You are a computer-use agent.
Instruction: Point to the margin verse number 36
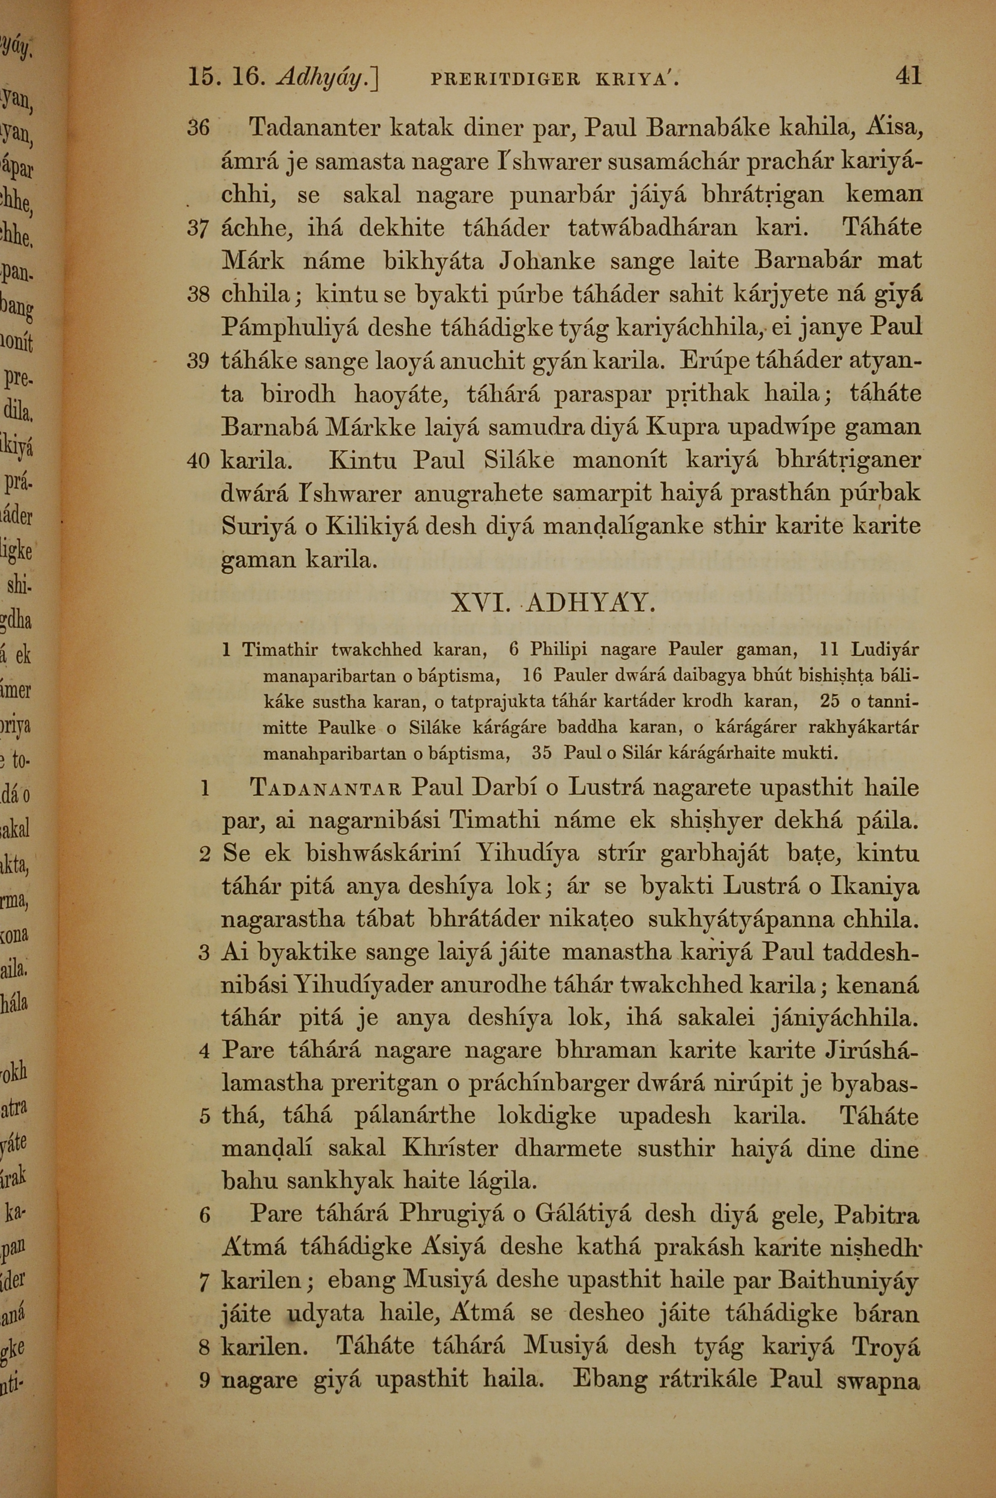198,128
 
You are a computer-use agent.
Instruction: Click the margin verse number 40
198,460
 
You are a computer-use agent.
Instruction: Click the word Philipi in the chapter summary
558,650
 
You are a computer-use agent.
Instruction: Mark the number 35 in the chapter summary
542,754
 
